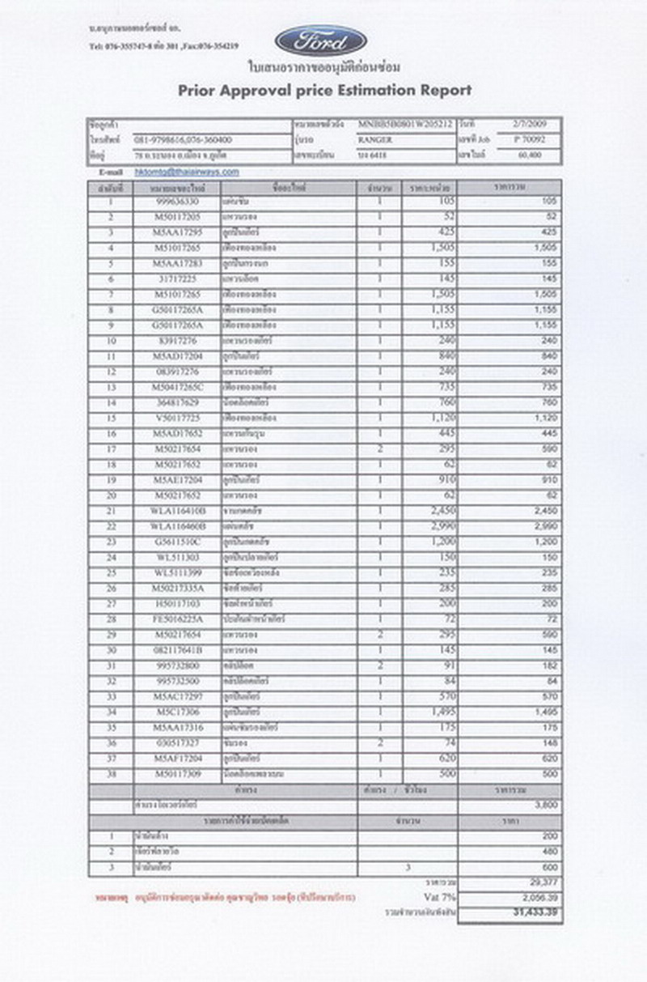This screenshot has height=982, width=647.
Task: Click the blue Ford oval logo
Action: [x=320, y=40]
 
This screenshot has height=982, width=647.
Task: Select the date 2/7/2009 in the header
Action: [x=530, y=124]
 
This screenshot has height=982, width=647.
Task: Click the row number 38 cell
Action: [x=112, y=774]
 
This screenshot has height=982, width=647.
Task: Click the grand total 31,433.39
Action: [x=535, y=913]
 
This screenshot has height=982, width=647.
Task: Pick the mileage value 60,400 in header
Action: [x=530, y=154]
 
